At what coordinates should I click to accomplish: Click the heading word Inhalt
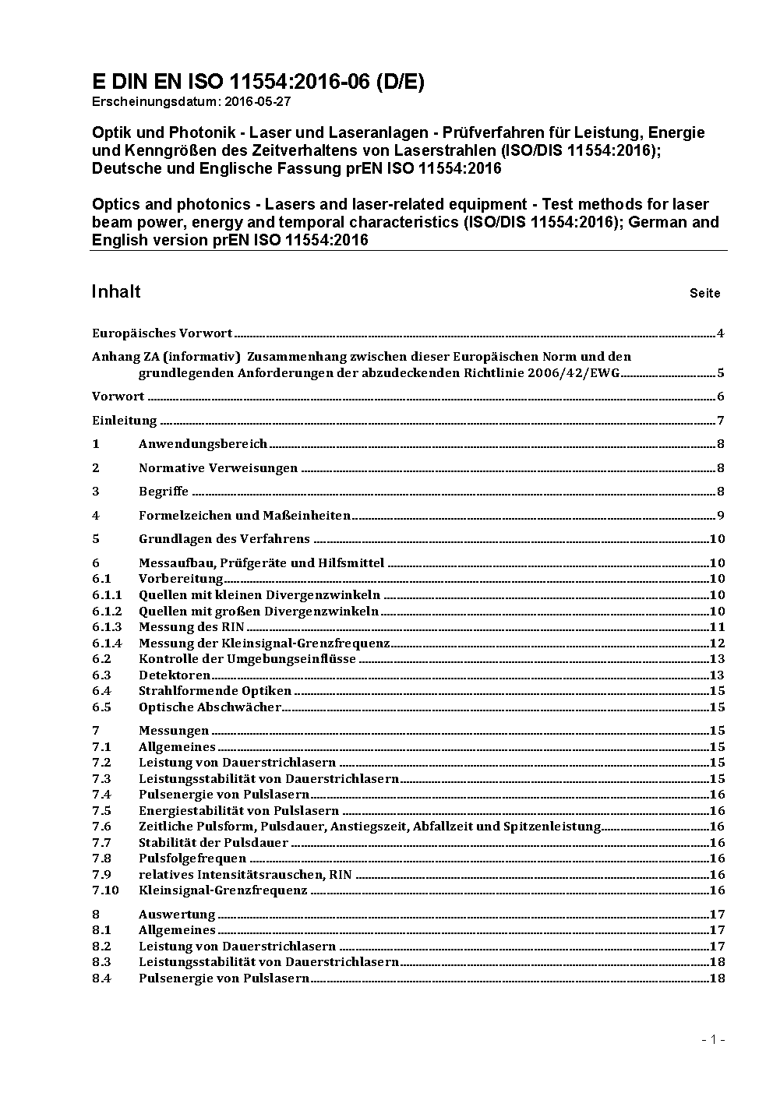click(116, 291)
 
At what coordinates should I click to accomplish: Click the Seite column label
click(704, 294)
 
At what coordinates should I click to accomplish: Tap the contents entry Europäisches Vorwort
click(162, 333)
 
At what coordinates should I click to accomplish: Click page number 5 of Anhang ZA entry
click(721, 372)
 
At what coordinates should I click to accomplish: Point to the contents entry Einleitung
click(125, 421)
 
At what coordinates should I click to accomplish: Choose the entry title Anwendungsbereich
click(203, 444)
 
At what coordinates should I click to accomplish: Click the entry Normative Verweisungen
click(218, 468)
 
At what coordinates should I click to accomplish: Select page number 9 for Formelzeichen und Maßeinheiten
click(721, 516)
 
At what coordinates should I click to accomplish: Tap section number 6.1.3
click(107, 627)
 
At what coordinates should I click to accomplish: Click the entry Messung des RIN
click(191, 627)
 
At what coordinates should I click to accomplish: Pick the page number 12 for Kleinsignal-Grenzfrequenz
click(717, 643)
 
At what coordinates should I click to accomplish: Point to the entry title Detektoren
click(175, 675)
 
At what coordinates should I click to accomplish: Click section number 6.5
click(101, 707)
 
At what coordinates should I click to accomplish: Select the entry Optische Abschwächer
click(210, 707)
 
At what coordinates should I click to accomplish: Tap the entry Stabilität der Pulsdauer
click(214, 843)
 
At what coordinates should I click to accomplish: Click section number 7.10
click(105, 890)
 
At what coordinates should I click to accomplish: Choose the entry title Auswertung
click(177, 915)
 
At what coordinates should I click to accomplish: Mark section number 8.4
click(101, 978)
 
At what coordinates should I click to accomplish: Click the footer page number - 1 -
click(713, 1040)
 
